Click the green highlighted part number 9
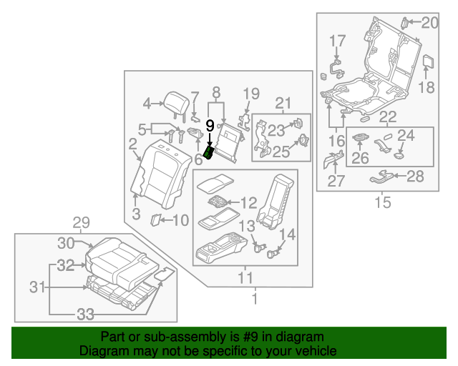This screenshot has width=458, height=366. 209,152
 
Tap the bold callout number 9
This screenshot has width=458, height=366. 210,126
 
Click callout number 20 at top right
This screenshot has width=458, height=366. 429,23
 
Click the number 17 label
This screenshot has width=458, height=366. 337,41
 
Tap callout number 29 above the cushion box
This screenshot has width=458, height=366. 82,222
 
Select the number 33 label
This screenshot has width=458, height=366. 85,312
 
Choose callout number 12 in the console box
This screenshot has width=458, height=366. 248,202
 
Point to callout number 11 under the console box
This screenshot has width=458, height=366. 245,277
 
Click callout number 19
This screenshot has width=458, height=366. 250,93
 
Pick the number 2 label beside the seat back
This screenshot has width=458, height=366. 133,145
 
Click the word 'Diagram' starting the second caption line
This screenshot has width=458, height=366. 101,351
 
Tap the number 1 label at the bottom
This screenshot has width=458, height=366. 253,297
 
